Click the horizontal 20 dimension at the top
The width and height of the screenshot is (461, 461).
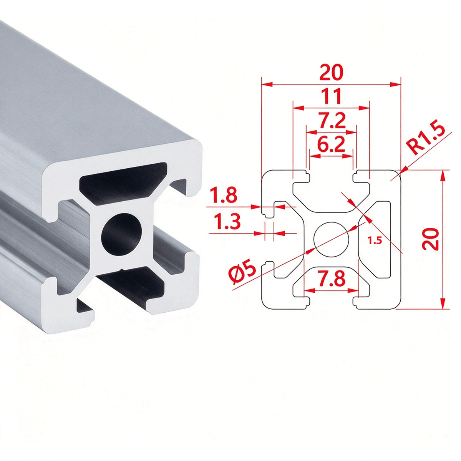click(x=331, y=72)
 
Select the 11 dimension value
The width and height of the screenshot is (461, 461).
click(x=331, y=96)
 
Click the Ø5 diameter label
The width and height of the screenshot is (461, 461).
click(x=242, y=273)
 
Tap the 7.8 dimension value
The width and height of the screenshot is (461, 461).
click(x=332, y=278)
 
